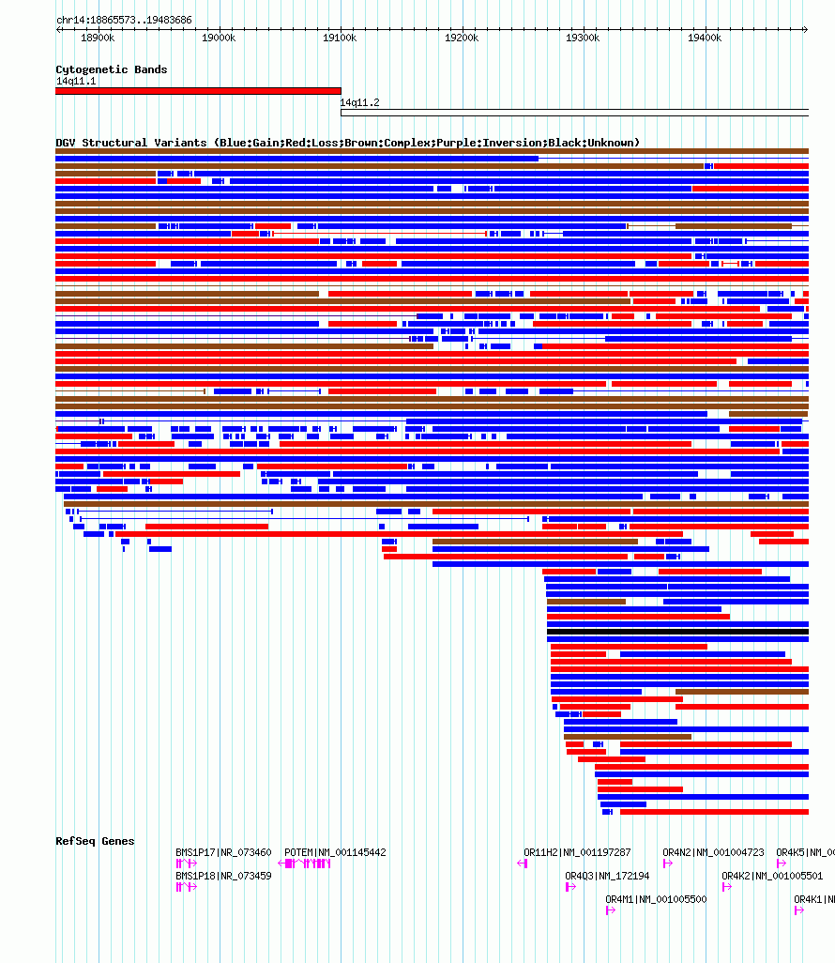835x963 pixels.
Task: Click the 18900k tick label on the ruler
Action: [98, 38]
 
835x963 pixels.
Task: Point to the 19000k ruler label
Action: [219, 38]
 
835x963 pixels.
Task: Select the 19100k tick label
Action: [341, 38]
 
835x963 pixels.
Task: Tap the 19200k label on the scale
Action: [462, 38]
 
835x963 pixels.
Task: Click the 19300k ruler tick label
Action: [583, 38]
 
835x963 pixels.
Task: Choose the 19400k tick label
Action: [705, 38]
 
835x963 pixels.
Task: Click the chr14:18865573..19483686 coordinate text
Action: [124, 20]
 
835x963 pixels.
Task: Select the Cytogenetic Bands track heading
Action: [112, 69]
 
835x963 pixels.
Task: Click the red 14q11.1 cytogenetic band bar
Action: [198, 91]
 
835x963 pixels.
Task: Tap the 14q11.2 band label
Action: [359, 103]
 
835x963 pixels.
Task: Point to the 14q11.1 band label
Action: [76, 82]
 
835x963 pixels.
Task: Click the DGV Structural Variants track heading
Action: [347, 143]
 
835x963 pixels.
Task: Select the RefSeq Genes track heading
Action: [95, 841]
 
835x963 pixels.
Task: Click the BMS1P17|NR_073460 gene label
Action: [223, 853]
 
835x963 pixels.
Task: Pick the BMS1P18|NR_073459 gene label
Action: [223, 876]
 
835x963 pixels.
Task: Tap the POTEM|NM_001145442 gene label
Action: [335, 853]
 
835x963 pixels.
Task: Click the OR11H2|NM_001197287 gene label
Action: [577, 853]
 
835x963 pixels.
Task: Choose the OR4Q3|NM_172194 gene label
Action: [607, 876]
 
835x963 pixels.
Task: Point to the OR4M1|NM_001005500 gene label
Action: [656, 899]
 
